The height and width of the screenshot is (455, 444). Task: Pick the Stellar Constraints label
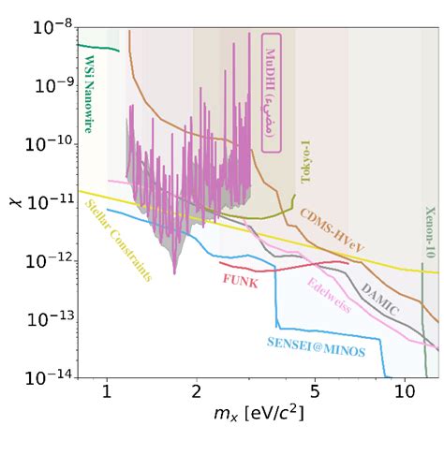tap(118, 241)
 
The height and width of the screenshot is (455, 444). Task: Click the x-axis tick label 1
tap(107, 390)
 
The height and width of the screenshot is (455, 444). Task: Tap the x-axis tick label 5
tap(315, 390)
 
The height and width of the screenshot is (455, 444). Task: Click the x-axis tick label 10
tap(405, 390)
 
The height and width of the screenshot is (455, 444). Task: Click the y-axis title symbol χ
tap(13, 200)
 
